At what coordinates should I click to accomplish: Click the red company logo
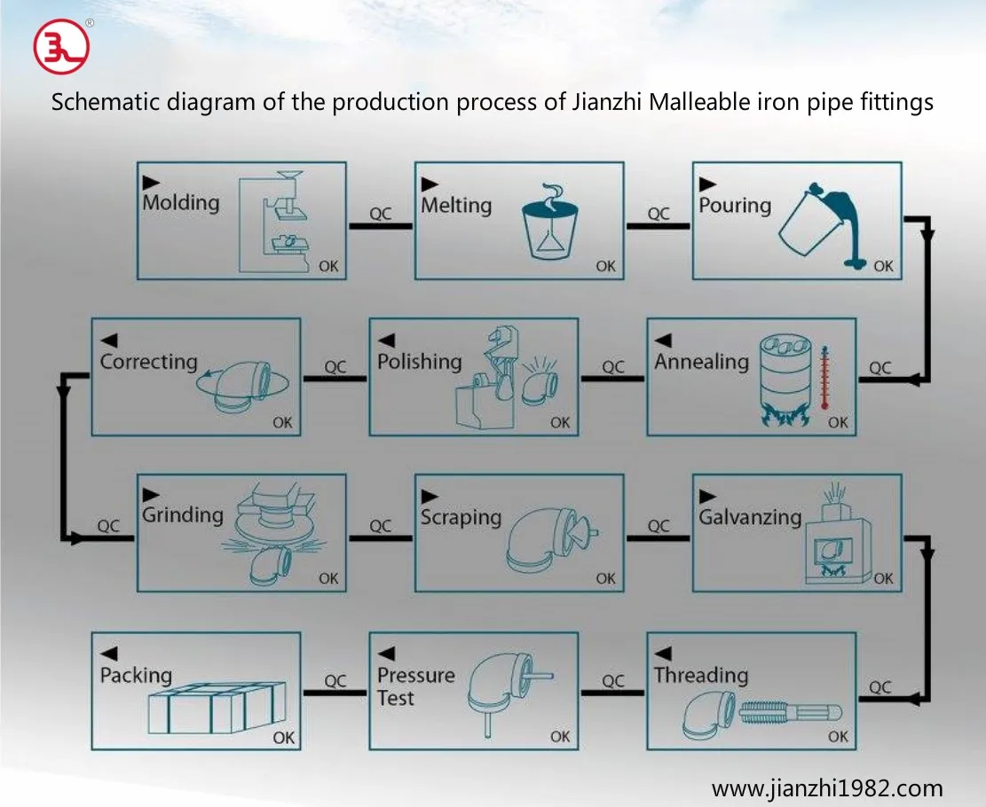pos(61,46)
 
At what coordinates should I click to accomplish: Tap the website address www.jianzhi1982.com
pos(827,787)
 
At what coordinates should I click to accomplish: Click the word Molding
pos(181,202)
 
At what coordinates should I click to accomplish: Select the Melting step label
pos(456,206)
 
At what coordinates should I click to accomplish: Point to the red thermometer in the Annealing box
pos(824,377)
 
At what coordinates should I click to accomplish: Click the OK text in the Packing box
pos(284,737)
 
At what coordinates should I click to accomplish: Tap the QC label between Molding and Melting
pos(381,214)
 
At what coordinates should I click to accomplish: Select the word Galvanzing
pos(750,517)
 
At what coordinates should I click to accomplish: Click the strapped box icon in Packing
pos(217,708)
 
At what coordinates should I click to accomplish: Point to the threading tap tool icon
pos(790,712)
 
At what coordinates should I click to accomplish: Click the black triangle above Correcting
pos(109,340)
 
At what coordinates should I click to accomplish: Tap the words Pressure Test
pos(415,686)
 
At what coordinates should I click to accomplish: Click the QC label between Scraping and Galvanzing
pos(659,525)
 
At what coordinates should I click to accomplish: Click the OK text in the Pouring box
pos(884,266)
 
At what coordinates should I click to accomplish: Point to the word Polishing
pos(420,362)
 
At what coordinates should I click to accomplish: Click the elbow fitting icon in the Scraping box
pos(551,539)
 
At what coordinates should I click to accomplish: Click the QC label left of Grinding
pos(108,525)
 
